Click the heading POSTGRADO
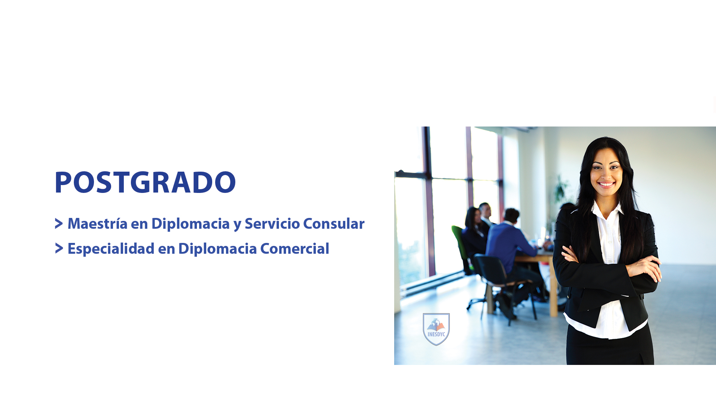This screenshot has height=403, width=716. (145, 182)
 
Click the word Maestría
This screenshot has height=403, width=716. (97, 224)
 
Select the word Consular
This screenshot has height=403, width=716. (334, 224)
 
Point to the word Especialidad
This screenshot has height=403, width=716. (111, 249)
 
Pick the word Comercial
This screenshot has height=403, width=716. (295, 249)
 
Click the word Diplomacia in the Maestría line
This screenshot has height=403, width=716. (191, 224)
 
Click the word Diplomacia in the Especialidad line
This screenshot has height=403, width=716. (217, 249)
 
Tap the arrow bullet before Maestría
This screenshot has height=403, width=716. (59, 224)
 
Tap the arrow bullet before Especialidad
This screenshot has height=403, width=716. (59, 248)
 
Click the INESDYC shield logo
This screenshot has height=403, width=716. (436, 329)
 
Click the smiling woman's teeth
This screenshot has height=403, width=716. (606, 184)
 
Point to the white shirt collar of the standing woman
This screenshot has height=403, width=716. (608, 211)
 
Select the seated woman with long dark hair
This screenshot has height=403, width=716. (474, 235)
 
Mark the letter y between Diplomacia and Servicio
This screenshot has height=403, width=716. (237, 225)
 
